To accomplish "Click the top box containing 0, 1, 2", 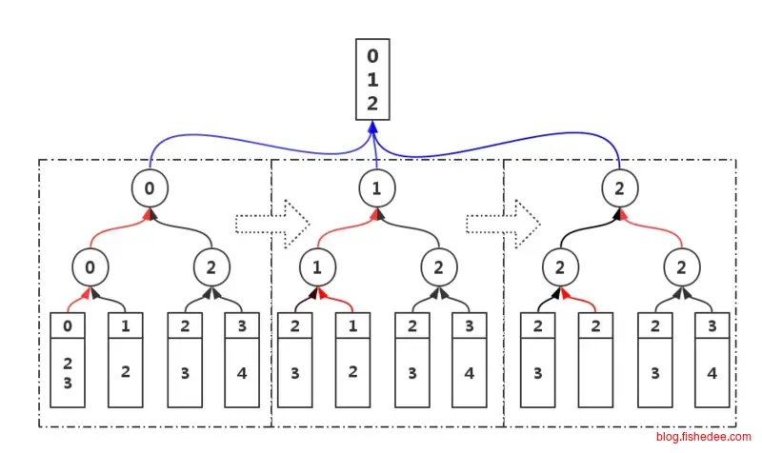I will [x=372, y=79].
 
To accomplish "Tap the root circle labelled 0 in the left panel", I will [x=149, y=188].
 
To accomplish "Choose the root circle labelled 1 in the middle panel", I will [x=376, y=188].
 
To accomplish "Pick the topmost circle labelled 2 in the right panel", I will [x=619, y=188].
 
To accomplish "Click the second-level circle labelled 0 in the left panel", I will [x=90, y=267].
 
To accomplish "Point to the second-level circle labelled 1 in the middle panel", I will [x=317, y=267].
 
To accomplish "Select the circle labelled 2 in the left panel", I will [x=210, y=267].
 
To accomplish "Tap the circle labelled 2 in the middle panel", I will [x=438, y=267].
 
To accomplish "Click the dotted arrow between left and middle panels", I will [x=273, y=222].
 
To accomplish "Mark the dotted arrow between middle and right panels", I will [x=504, y=222].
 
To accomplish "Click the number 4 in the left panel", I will [x=242, y=372].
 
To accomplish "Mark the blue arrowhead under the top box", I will [x=373, y=127].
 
